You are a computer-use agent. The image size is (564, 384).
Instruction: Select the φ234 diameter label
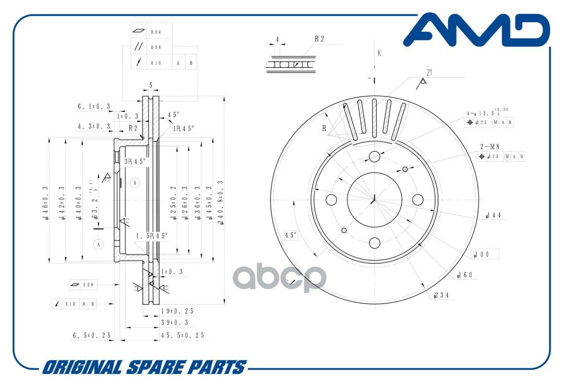coord(441,295)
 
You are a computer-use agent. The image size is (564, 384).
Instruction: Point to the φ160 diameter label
coord(466,275)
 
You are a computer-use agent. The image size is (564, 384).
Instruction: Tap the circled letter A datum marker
coord(99,244)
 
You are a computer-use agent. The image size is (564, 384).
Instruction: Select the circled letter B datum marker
coord(135,182)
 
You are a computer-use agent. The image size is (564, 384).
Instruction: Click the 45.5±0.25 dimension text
coord(183,335)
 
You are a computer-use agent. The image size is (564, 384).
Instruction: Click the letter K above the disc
coord(379,53)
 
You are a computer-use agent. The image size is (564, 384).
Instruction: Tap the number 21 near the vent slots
coord(429,72)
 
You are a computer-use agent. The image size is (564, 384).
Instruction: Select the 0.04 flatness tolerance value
coord(156,32)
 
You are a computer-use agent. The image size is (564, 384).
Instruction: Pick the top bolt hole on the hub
coord(374,156)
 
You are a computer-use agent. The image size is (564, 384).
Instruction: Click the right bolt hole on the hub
coord(418,199)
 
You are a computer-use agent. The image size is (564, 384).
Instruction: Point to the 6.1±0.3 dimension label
coord(94,106)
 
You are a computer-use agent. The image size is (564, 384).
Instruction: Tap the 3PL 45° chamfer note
coord(135,161)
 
